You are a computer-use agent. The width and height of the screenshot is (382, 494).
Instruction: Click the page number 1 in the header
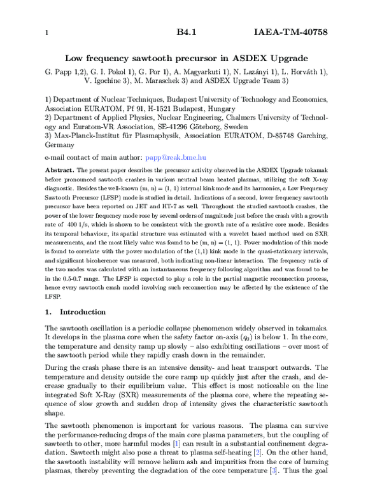click(x=46, y=32)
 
